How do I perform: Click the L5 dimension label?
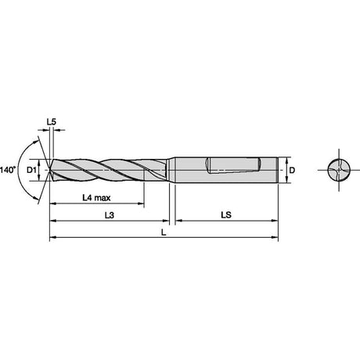coord(52,122)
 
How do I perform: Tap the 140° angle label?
coord(8,170)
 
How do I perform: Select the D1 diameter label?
coord(31,170)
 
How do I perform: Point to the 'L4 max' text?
coord(96,198)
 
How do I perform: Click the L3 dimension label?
coord(110,215)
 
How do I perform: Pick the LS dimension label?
coord(226,215)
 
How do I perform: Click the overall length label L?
coord(164,232)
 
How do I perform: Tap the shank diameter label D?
coord(292,170)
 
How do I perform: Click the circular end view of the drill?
coord(339,170)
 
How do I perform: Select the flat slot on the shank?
coord(233,165)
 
